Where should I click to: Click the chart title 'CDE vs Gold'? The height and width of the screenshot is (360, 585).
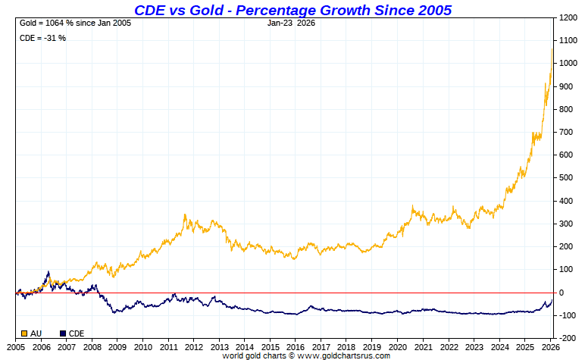click(x=292, y=10)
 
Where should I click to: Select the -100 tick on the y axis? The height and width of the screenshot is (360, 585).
click(x=568, y=315)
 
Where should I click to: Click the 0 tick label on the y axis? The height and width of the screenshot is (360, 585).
click(x=562, y=293)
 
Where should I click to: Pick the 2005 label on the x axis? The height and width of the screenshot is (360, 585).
click(x=17, y=346)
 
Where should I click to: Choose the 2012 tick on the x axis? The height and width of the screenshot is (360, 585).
click(x=193, y=346)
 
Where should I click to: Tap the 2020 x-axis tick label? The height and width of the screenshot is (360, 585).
click(x=397, y=346)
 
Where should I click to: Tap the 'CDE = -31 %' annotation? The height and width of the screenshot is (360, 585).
click(x=42, y=38)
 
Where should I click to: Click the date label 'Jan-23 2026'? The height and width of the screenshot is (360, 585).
click(x=292, y=23)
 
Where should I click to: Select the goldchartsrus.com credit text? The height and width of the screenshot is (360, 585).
click(x=306, y=355)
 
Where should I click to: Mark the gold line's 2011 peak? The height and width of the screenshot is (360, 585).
click(x=185, y=215)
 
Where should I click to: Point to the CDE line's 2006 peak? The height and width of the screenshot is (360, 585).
click(x=48, y=271)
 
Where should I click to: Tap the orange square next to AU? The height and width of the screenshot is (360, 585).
click(x=24, y=333)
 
